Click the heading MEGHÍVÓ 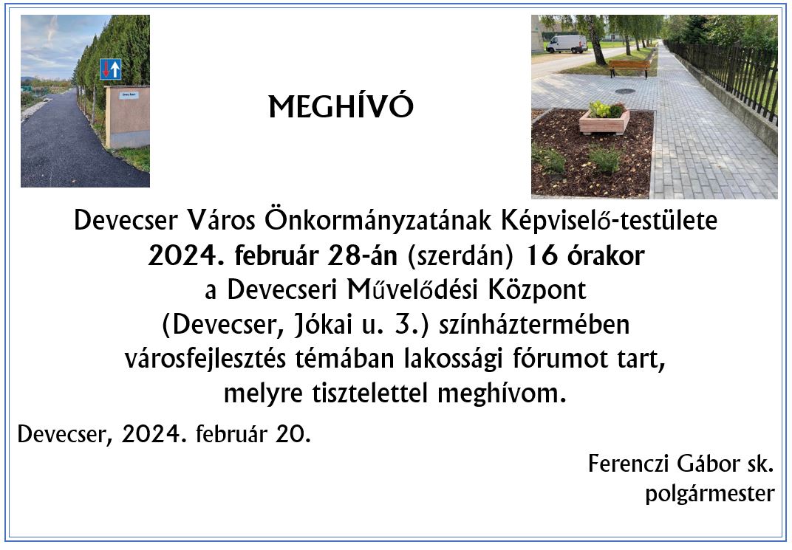tap(341, 106)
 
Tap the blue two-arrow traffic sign tap(111, 69)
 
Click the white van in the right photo tap(567, 44)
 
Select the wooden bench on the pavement tap(629, 68)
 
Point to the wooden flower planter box tap(604, 122)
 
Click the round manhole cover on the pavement tap(625, 92)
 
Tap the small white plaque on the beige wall tap(129, 94)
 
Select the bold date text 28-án tap(362, 256)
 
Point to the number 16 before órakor tap(542, 256)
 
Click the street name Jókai tap(323, 324)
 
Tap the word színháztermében tap(534, 325)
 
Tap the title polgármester tap(710, 493)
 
